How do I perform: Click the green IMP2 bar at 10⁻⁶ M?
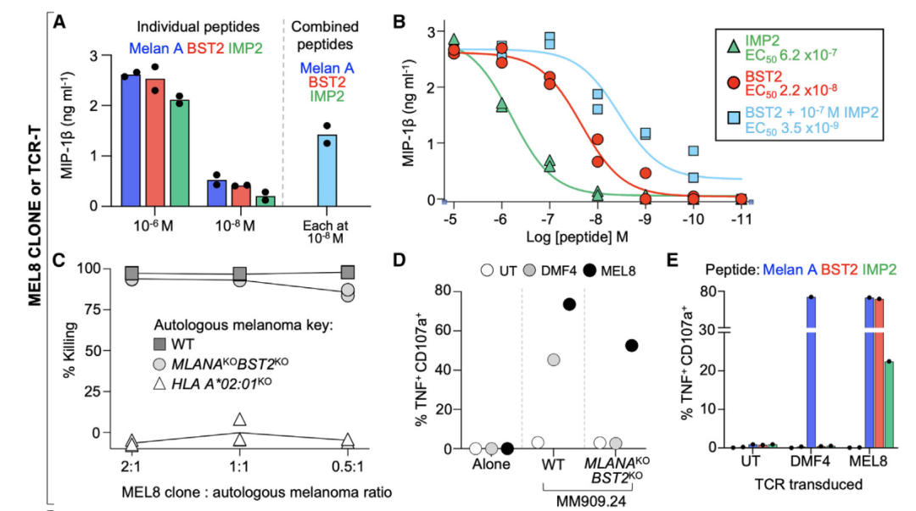178,153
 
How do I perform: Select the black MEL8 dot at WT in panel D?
569,304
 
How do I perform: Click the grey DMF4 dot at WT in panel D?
553,360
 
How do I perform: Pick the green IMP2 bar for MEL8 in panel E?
888,403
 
